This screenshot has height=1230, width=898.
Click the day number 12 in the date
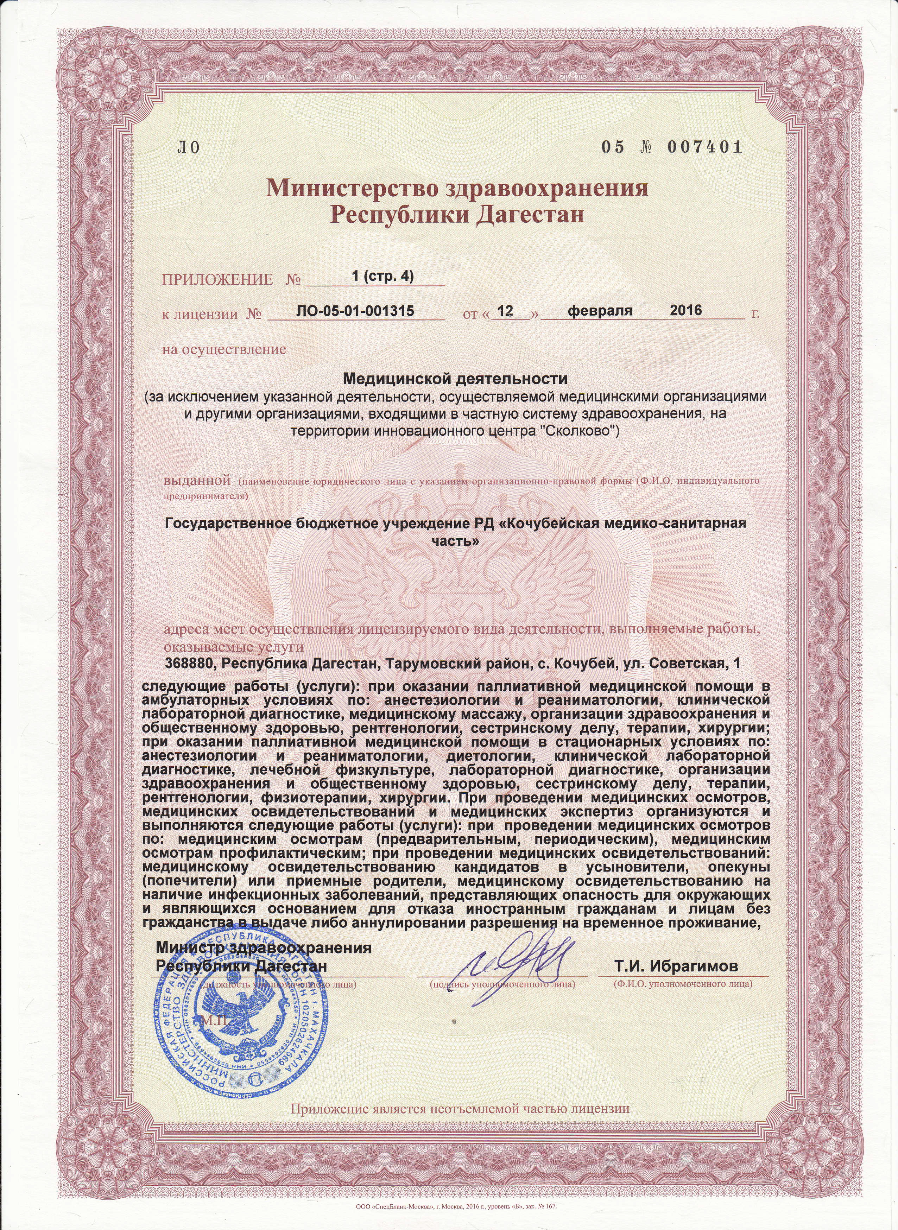(506, 311)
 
